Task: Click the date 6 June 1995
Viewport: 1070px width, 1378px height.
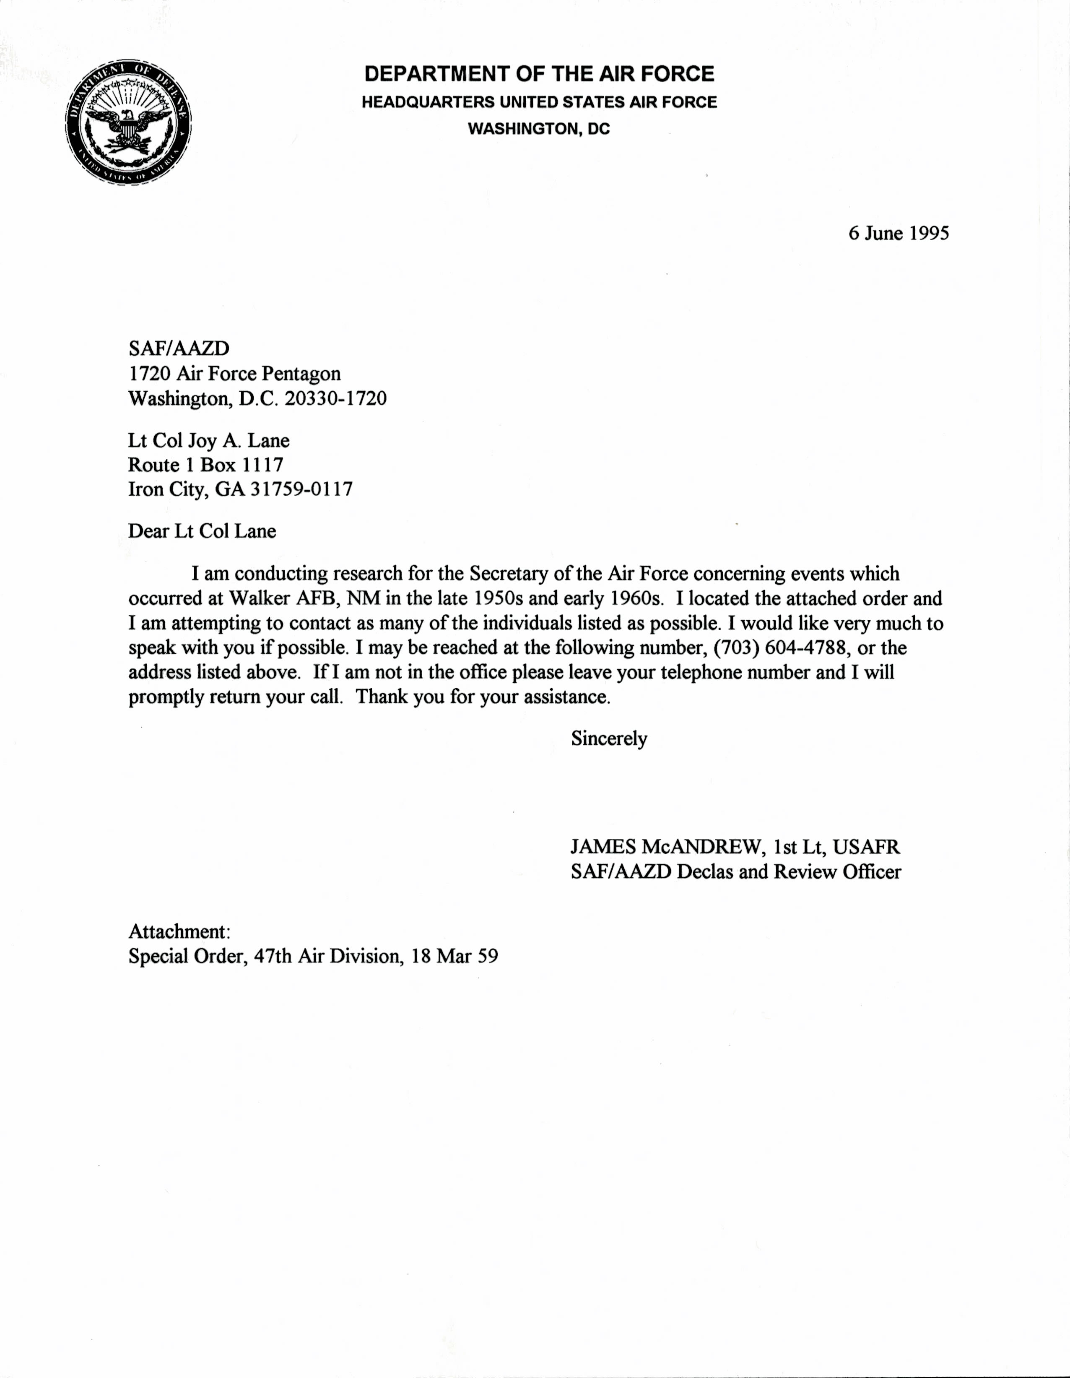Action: (899, 234)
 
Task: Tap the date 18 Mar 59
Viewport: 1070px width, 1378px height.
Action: (454, 957)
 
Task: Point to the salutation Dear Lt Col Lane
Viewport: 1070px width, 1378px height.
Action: (202, 531)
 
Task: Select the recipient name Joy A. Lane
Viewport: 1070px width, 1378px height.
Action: (239, 440)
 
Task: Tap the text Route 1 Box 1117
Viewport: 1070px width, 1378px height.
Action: (206, 465)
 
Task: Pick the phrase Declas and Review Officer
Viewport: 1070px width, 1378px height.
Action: (789, 872)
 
